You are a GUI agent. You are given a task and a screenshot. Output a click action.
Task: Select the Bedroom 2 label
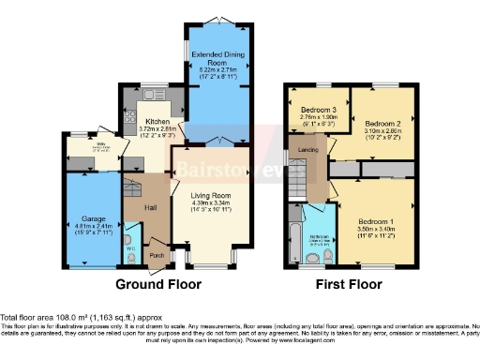point(382,123)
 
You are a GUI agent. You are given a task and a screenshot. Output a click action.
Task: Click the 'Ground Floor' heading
point(155,283)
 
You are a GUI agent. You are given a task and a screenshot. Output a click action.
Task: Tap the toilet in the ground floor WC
point(129,231)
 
